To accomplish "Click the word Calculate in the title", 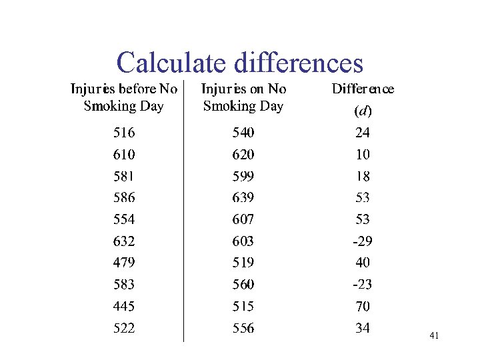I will point(173,63).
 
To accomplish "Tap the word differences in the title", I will point(299,63).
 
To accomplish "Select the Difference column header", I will point(363,89).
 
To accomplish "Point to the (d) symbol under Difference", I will point(363,111).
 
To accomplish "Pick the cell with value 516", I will point(124,133).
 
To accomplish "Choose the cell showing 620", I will point(243,155).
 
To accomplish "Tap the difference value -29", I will point(363,241).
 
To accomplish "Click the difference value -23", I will point(363,285).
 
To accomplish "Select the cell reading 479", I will point(124,263).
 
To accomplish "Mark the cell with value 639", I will point(243,198).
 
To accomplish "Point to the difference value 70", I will point(363,307).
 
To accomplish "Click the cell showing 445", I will point(124,307).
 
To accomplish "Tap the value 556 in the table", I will point(243,328).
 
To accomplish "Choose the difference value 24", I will point(363,133).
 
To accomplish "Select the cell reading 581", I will point(124,177).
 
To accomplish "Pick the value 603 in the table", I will point(243,241).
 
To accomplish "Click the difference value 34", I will point(363,328).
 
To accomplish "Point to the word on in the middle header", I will point(257,89).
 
